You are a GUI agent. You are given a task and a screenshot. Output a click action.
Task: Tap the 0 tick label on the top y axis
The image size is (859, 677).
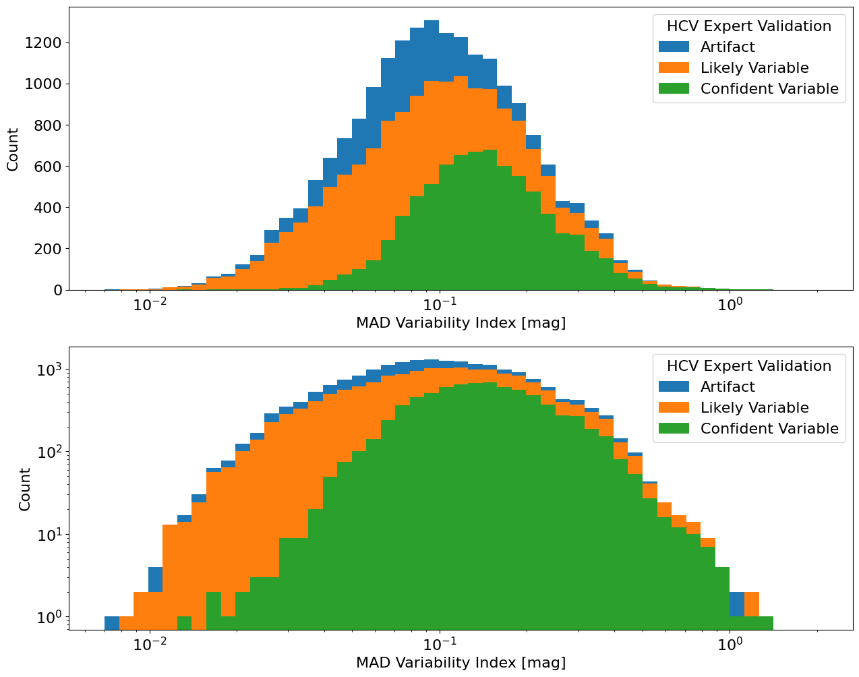click(x=58, y=290)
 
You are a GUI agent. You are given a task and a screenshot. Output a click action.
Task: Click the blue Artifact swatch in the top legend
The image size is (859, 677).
click(x=675, y=47)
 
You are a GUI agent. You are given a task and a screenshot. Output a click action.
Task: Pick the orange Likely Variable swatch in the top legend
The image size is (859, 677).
click(x=675, y=68)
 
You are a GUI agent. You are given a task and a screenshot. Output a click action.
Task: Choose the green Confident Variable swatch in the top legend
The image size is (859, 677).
click(x=675, y=89)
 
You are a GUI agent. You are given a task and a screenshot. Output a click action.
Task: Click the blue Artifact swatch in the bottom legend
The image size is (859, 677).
click(x=675, y=387)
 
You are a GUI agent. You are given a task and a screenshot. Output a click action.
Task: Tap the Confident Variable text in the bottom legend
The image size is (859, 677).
click(x=769, y=429)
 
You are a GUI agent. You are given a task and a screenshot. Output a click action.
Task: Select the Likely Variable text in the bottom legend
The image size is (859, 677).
click(x=754, y=408)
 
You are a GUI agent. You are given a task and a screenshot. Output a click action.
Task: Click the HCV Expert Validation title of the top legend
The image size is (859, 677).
click(x=748, y=26)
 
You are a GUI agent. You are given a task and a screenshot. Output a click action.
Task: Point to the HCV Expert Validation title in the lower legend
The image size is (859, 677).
click(x=748, y=366)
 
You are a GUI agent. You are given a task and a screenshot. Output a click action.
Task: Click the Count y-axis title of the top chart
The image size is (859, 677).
click(x=13, y=148)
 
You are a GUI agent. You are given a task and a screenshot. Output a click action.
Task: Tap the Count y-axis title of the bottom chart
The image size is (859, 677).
click(x=25, y=489)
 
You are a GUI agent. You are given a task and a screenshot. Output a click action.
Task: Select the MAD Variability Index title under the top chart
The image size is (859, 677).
click(x=461, y=323)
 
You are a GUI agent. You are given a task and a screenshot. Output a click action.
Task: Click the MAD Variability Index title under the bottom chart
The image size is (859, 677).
click(x=461, y=663)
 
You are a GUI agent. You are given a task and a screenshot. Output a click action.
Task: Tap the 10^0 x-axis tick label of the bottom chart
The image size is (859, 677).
click(x=730, y=644)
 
